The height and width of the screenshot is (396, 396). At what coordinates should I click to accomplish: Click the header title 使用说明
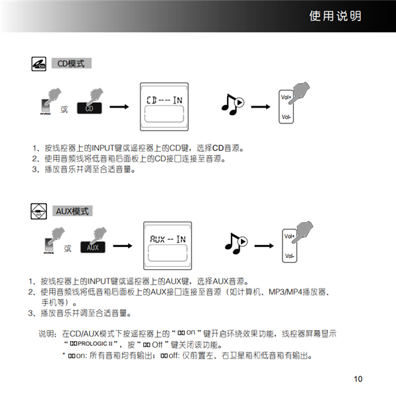(x=335, y=16)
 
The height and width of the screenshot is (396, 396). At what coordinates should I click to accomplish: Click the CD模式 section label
(x=71, y=63)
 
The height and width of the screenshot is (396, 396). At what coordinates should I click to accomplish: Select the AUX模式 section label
(x=73, y=211)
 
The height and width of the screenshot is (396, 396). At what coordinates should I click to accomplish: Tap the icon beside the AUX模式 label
(x=39, y=211)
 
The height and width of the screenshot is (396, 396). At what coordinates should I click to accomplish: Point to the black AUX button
(x=93, y=247)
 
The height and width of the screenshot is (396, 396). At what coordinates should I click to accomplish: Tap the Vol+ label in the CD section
(x=286, y=97)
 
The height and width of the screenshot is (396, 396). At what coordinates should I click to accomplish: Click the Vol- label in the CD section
(x=286, y=117)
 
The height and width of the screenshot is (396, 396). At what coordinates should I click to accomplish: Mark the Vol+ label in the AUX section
(x=289, y=236)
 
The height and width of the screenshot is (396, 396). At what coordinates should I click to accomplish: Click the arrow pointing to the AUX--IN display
(x=121, y=247)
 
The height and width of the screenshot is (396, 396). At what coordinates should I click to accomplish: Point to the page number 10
(x=358, y=379)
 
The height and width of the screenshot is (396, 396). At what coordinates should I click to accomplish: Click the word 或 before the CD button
(x=64, y=109)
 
